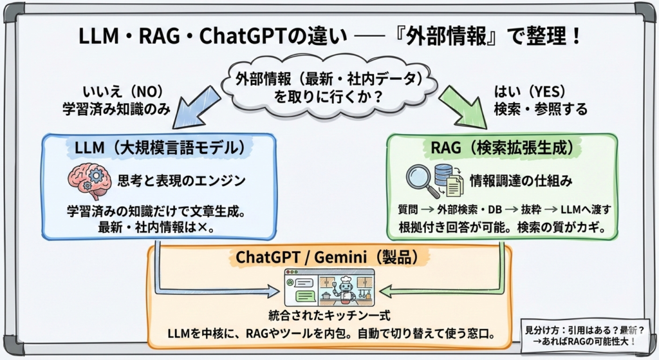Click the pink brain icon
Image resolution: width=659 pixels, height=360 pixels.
(x=86, y=181)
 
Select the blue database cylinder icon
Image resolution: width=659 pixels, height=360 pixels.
(x=443, y=175)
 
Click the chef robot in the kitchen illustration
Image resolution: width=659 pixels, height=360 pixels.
(x=346, y=289)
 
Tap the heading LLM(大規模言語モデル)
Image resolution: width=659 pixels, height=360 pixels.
(x=160, y=148)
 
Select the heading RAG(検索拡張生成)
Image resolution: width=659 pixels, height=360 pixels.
(x=502, y=147)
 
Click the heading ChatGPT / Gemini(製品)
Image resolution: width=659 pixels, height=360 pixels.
(x=327, y=257)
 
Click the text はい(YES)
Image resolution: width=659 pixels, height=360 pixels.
(x=530, y=91)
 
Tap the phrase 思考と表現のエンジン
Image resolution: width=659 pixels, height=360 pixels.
(x=181, y=181)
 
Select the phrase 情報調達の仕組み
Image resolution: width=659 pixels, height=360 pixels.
(x=521, y=181)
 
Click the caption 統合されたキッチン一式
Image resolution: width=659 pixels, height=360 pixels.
(x=329, y=316)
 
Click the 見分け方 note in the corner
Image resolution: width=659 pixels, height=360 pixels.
(x=585, y=336)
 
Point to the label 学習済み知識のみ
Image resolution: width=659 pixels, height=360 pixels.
(x=116, y=109)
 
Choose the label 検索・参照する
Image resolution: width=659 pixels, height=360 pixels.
(x=541, y=109)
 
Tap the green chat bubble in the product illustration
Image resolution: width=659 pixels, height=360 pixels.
(x=306, y=296)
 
